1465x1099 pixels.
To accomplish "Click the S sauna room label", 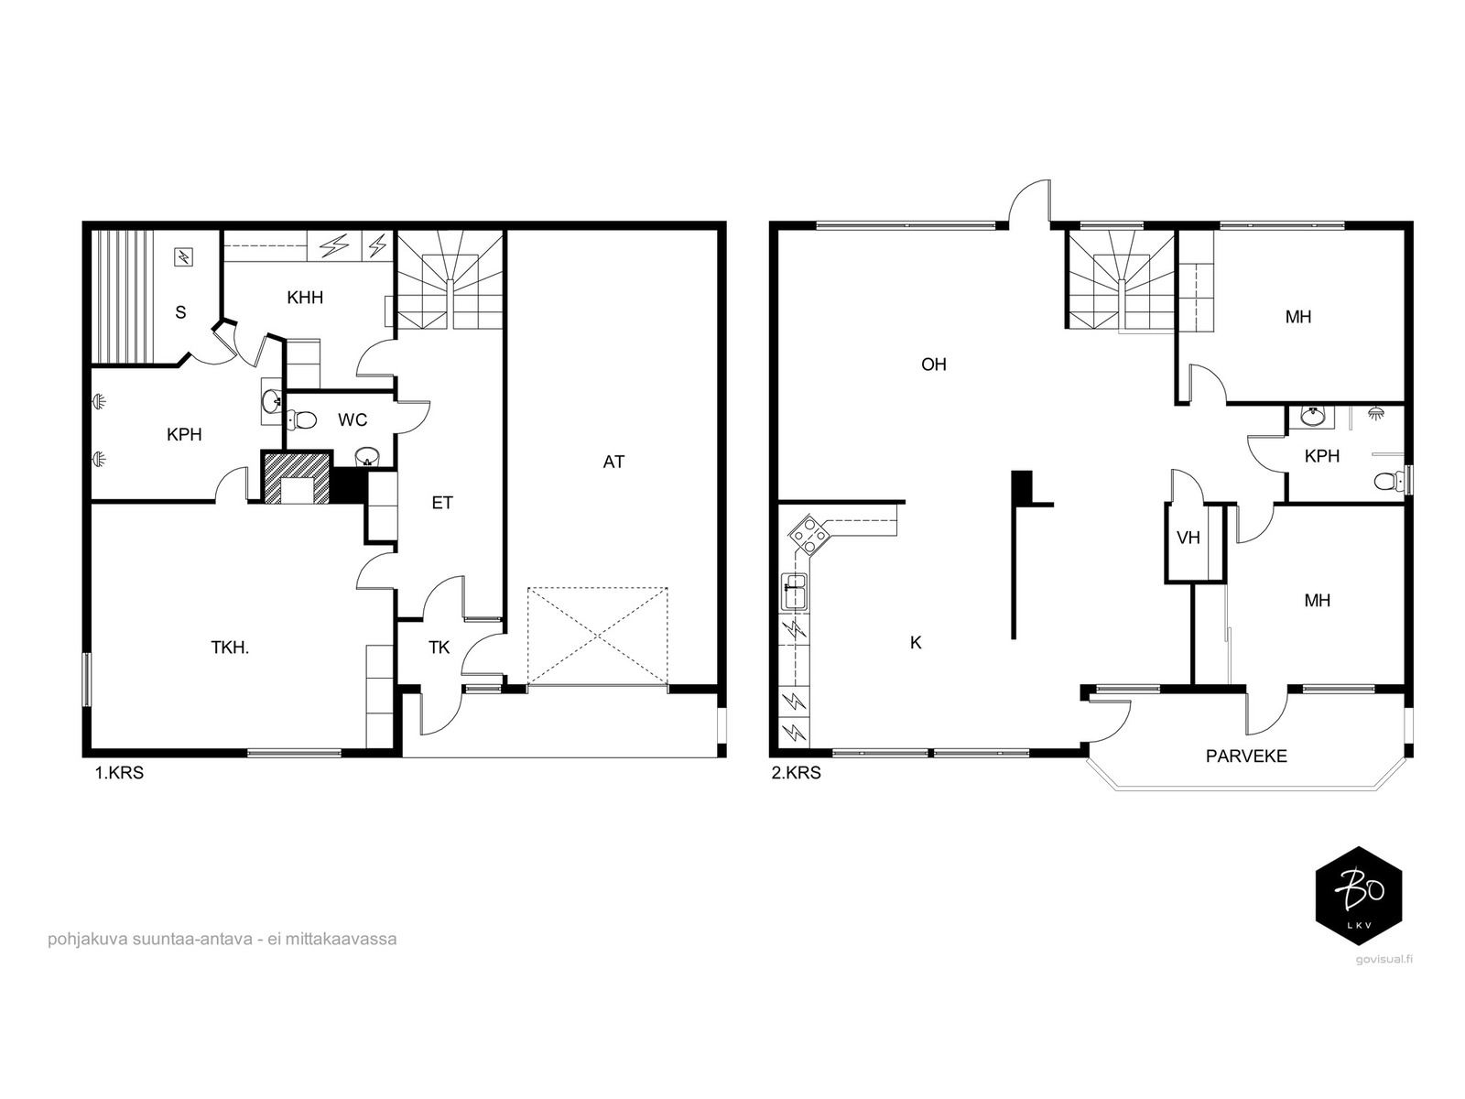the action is (180, 312).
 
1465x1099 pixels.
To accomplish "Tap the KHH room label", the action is (305, 298).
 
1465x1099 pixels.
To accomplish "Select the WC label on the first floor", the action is (353, 419).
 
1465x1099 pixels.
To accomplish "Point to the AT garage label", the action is (613, 462).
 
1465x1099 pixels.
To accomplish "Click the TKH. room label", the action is (230, 647).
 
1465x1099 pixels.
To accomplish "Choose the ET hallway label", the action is (442, 503).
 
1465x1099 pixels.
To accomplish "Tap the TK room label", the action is (439, 647).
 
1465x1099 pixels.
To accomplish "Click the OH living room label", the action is (934, 365).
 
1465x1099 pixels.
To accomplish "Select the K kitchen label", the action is (916, 643).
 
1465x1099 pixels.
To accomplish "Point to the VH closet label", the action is (1188, 538).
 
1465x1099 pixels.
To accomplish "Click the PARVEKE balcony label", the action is (1246, 756).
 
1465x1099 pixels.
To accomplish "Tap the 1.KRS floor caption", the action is (119, 773).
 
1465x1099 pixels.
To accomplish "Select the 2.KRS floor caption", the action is (797, 773).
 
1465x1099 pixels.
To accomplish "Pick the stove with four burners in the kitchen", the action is (808, 535).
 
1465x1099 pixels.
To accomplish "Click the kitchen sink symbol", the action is (794, 592).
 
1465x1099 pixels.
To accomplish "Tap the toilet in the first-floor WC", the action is (301, 419).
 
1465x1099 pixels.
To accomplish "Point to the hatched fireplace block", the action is (298, 478).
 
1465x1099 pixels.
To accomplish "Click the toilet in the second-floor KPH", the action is (1390, 480).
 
